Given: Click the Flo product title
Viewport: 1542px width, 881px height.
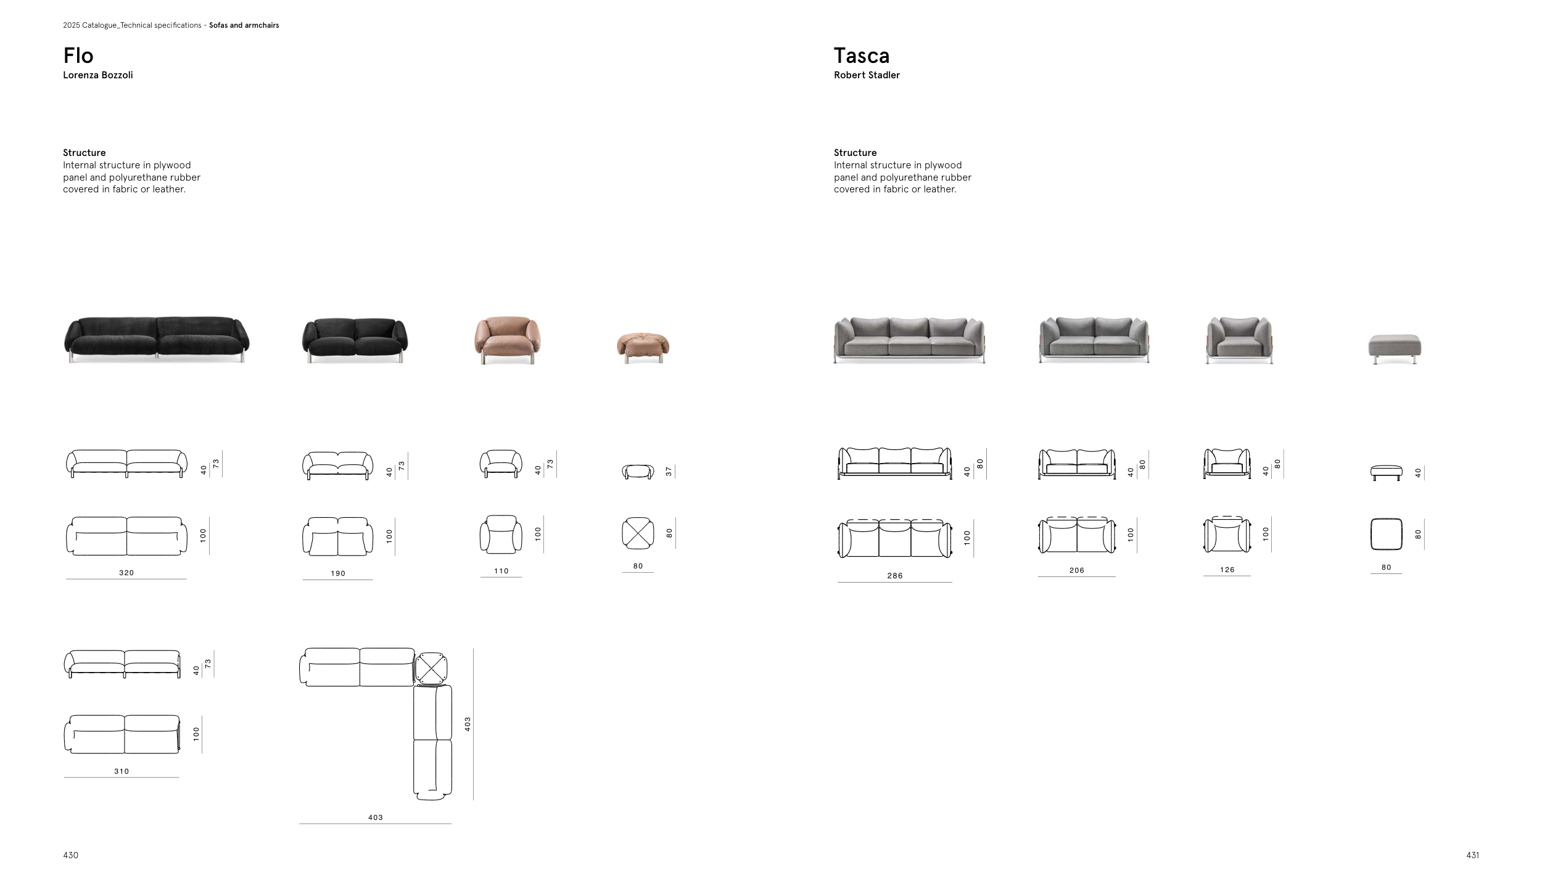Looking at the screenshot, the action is tap(78, 55).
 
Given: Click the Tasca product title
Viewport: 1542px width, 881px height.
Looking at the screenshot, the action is tap(862, 55).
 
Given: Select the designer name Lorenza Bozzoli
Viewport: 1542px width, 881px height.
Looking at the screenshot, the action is tap(98, 75).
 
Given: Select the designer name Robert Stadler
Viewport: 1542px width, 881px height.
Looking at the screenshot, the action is tap(867, 75).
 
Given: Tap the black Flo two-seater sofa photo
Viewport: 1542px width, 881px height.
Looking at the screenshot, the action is tap(355, 340).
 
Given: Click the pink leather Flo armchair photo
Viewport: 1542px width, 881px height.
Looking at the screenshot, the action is tap(507, 340).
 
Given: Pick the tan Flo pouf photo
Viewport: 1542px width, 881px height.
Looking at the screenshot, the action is tap(643, 348).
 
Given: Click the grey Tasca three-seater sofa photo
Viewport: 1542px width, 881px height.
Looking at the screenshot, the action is tap(910, 340).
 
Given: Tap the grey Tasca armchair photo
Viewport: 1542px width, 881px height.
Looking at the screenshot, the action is tap(1239, 340).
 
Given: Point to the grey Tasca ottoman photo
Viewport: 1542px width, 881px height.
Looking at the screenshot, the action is tap(1395, 349).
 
